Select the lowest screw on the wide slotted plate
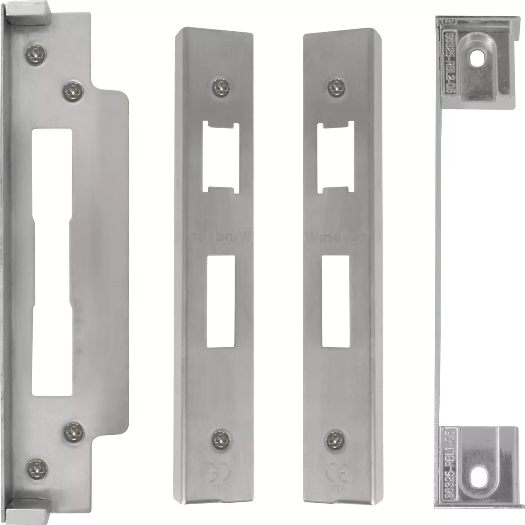tap(36, 469)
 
